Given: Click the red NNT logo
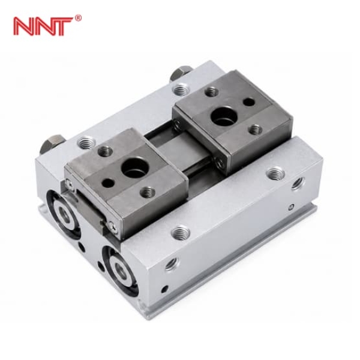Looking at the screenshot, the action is click(44, 26).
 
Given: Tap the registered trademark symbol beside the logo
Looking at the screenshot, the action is click(78, 18).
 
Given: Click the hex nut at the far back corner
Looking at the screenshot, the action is click(181, 73).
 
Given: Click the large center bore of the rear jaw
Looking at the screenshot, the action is click(224, 116).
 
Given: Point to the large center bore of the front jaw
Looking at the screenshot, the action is click(134, 166).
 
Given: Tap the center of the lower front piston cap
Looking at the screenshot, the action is click(121, 271).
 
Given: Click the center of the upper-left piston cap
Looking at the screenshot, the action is click(64, 214).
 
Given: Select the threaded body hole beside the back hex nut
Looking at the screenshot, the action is click(181, 89).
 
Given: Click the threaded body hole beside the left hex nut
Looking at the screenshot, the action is click(86, 142).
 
